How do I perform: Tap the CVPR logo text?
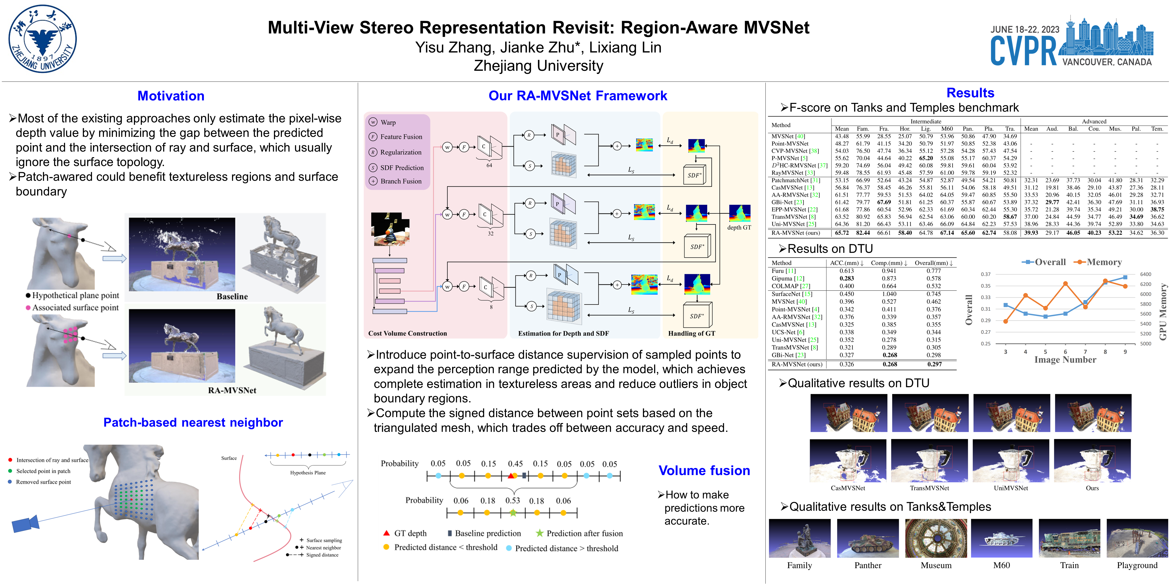click(1023, 51)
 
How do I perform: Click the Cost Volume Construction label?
click(407, 333)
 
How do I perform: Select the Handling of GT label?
click(691, 333)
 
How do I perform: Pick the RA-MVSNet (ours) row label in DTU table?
click(796, 364)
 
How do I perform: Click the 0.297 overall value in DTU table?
click(934, 364)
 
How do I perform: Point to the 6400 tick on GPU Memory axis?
click(1146, 274)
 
